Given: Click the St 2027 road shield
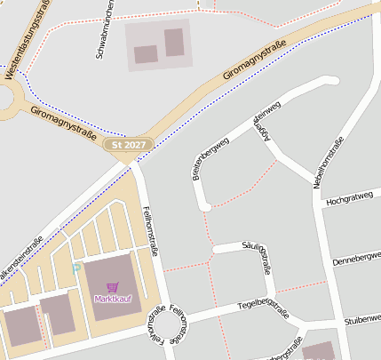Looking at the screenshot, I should click(x=128, y=144).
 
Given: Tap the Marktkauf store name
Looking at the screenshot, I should click(x=113, y=299).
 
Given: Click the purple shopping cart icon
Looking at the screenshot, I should click(x=113, y=287).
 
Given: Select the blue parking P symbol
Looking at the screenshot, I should click(x=76, y=267).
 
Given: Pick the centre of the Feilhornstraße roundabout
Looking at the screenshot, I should click(x=170, y=330).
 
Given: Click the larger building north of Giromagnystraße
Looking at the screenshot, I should click(x=174, y=42).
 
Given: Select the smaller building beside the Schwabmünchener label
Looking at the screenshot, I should click(x=146, y=54).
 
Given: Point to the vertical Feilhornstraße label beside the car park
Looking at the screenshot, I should click(x=149, y=230).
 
